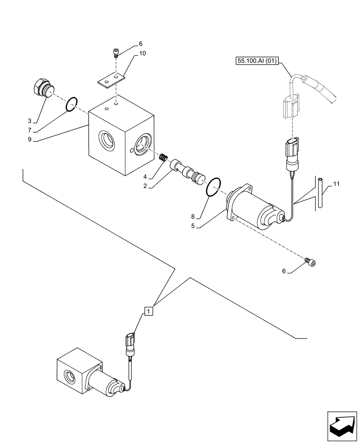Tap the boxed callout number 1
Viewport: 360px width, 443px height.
pyautogui.click(x=149, y=311)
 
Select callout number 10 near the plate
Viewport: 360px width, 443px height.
pyautogui.click(x=142, y=53)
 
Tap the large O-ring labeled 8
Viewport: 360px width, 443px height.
pyautogui.click(x=213, y=186)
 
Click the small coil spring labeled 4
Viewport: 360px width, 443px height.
pyautogui.click(x=163, y=157)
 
